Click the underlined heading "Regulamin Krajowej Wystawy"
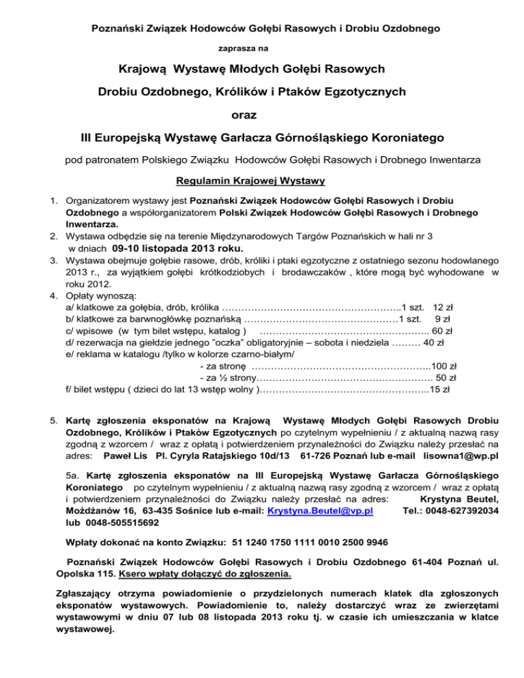click(x=262, y=181)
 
